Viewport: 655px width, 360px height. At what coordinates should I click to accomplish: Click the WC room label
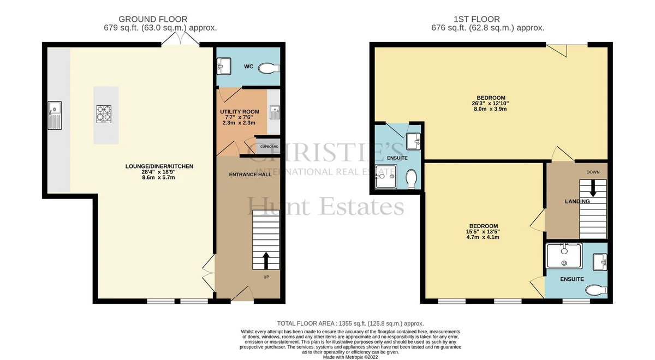pyautogui.click(x=248, y=67)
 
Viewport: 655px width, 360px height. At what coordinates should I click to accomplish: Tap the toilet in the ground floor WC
pyautogui.click(x=269, y=68)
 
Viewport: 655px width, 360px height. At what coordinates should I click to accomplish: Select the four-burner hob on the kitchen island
pyautogui.click(x=104, y=114)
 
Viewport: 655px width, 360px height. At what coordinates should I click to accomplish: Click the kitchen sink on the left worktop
pyautogui.click(x=55, y=116)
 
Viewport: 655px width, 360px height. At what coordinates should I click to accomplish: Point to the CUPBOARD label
pyautogui.click(x=269, y=147)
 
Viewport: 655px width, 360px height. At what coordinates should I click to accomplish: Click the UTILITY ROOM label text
pyautogui.click(x=240, y=112)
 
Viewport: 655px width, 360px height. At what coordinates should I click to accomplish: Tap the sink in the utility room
pyautogui.click(x=275, y=112)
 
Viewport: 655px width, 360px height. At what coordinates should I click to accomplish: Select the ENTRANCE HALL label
pyautogui.click(x=250, y=175)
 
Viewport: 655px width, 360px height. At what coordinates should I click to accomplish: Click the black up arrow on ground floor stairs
pyautogui.click(x=266, y=261)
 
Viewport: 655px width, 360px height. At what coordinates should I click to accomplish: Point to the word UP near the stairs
pyautogui.click(x=266, y=277)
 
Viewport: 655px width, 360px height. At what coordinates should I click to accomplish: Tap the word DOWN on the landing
pyautogui.click(x=593, y=172)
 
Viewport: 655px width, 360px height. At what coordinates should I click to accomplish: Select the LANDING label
pyautogui.click(x=577, y=201)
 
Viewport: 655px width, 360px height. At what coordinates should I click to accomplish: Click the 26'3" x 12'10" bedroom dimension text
pyautogui.click(x=490, y=103)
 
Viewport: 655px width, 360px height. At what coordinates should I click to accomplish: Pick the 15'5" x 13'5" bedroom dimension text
pyautogui.click(x=483, y=231)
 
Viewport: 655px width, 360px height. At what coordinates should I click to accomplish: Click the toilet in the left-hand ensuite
pyautogui.click(x=412, y=178)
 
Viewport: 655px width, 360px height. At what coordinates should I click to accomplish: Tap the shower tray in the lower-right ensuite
pyautogui.click(x=564, y=256)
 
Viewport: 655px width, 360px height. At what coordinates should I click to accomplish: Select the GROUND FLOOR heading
pyautogui.click(x=153, y=19)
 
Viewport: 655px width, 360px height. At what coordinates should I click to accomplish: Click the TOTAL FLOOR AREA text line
pyautogui.click(x=350, y=323)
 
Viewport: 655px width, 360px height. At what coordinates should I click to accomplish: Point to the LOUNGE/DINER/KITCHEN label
pyautogui.click(x=159, y=166)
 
